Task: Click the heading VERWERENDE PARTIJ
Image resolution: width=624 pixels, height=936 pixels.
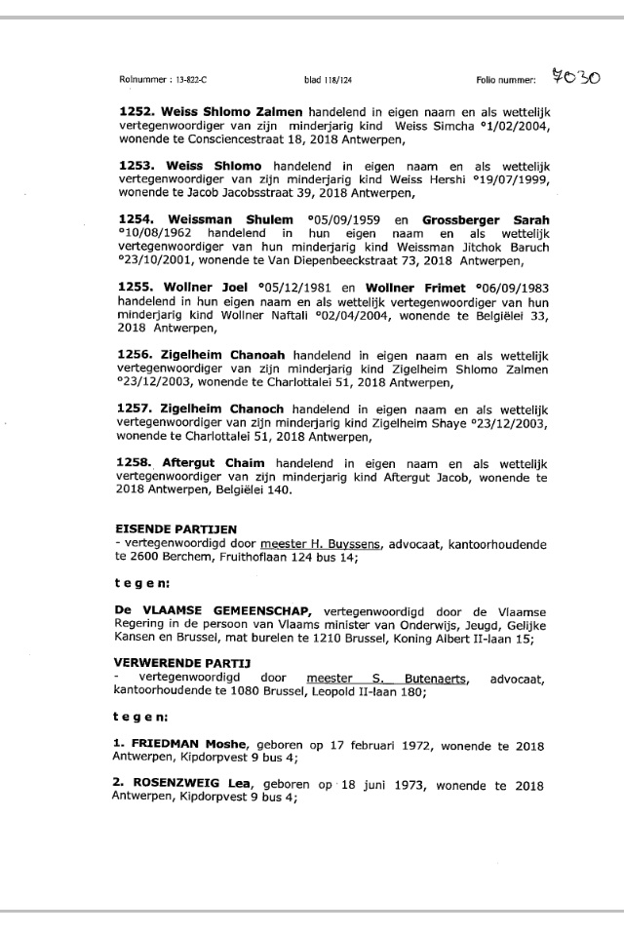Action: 169,663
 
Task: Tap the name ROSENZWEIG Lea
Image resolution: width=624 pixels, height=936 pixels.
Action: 190,785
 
